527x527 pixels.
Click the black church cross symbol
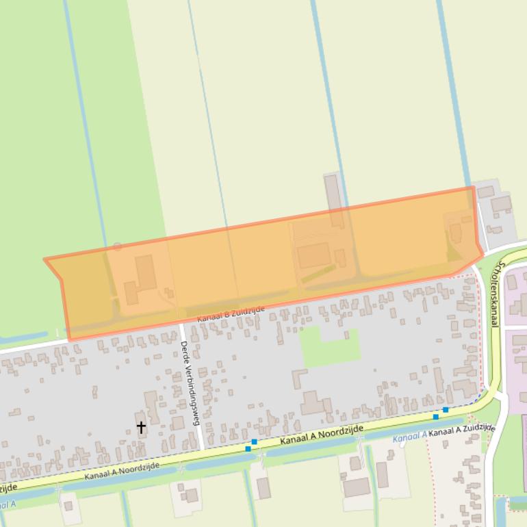pos(141,427)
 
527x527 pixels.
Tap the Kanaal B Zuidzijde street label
pos(231,315)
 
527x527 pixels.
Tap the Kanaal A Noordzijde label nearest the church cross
pos(122,470)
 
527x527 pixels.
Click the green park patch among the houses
pos(330,346)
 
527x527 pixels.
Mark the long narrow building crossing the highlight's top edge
pos(334,199)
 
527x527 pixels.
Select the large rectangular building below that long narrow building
pos(314,255)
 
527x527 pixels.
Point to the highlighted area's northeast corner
pos(473,187)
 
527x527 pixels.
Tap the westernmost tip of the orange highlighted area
pos(44,259)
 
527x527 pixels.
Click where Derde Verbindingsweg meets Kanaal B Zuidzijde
pos(181,324)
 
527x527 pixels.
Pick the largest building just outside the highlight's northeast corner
pos(501,203)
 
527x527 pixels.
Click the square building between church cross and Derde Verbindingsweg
pos(177,423)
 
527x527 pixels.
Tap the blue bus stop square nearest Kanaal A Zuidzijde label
pos(446,410)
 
